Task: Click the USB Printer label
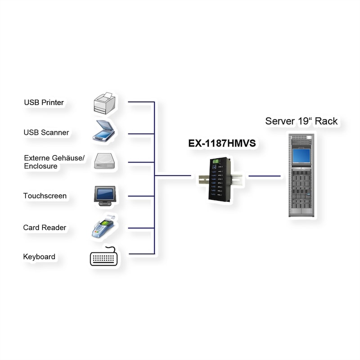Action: click(44, 103)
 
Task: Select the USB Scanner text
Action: click(46, 133)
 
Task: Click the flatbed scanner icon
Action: click(104, 131)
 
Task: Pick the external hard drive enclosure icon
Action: click(104, 162)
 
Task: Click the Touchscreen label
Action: click(45, 196)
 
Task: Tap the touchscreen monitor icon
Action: click(104, 195)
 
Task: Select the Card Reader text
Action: click(45, 228)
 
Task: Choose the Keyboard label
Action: click(39, 257)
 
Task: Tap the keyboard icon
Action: click(104, 257)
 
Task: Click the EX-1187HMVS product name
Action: click(222, 144)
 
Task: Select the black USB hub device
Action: click(219, 180)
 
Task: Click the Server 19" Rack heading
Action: click(301, 121)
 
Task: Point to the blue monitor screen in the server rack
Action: click(301, 156)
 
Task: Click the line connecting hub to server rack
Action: click(264, 176)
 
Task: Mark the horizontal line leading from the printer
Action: click(141, 102)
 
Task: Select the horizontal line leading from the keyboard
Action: click(141, 254)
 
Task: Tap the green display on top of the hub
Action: click(216, 162)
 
